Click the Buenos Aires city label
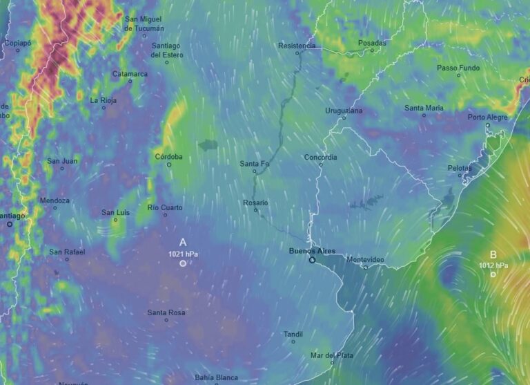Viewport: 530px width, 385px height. [311, 251]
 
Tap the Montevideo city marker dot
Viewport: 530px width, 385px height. [366, 267]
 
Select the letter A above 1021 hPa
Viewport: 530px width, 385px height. [183, 243]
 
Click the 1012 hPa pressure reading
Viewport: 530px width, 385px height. [493, 265]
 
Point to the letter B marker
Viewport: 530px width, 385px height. [493, 254]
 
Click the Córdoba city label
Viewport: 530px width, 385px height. [169, 157]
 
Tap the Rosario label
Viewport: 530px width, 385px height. [255, 203]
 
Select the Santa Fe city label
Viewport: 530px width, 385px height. [254, 163]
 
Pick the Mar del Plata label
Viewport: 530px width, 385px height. [332, 355]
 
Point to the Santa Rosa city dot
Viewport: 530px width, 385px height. [166, 320]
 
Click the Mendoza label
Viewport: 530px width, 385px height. [55, 200]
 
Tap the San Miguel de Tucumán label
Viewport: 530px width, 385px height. [144, 24]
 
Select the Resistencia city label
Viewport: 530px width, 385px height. [297, 46]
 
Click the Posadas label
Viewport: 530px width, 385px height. [372, 43]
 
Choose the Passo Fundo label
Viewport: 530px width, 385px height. [458, 67]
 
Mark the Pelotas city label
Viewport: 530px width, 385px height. [460, 168]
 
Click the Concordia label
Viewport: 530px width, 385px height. [321, 157]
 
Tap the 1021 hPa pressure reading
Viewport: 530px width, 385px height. [183, 254]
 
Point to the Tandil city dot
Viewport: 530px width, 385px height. [293, 341]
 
